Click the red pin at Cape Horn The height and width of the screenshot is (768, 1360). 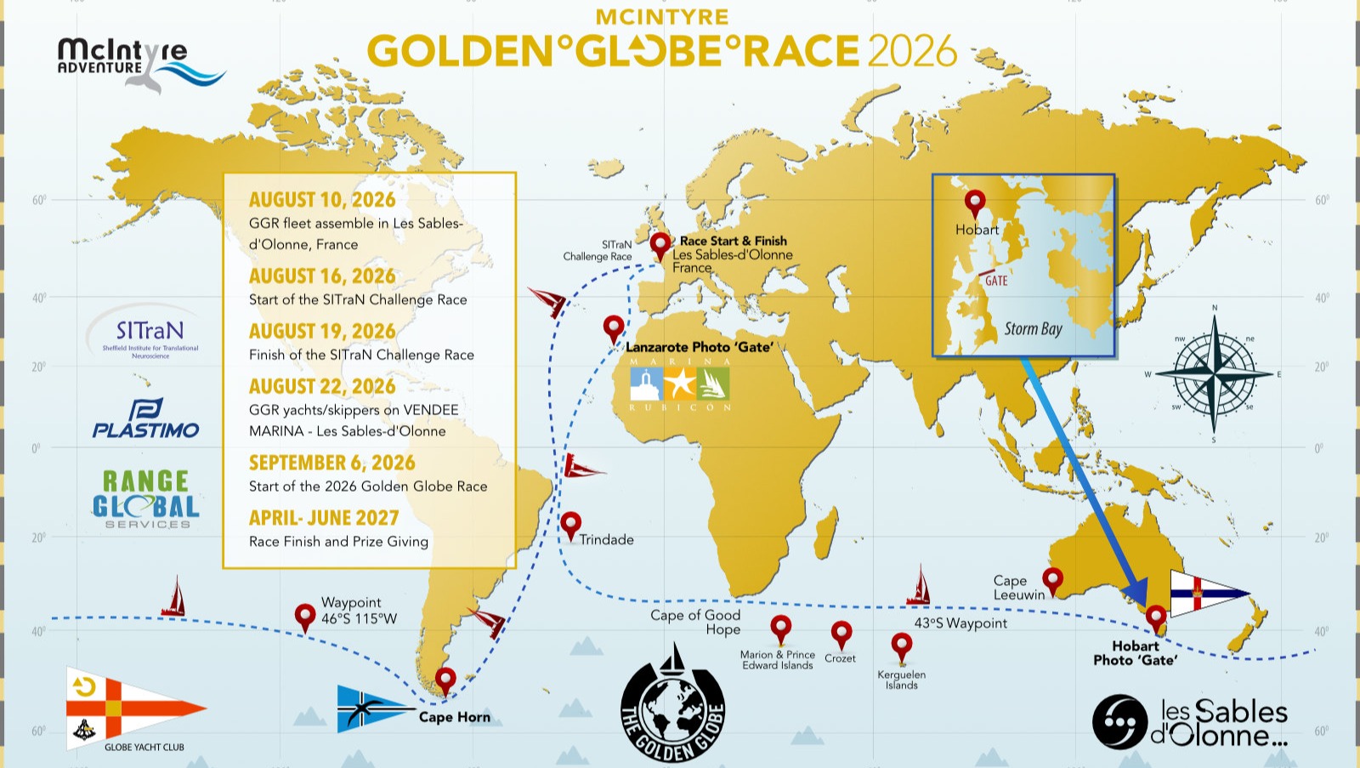[x=445, y=680]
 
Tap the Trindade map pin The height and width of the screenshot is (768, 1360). [x=570, y=524]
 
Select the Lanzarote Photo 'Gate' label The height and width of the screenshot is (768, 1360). [x=700, y=347]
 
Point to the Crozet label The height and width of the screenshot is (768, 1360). [x=840, y=658]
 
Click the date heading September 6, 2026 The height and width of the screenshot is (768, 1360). [x=331, y=463]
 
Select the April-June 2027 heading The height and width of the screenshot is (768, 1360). [x=323, y=518]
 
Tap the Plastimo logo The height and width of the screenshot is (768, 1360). [x=145, y=419]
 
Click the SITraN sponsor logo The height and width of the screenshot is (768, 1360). [x=150, y=334]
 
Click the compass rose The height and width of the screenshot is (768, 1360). [x=1214, y=373]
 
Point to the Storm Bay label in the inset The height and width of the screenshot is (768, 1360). [x=1033, y=329]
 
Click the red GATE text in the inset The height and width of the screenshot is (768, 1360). [x=996, y=281]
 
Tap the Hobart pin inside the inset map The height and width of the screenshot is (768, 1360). [x=975, y=202]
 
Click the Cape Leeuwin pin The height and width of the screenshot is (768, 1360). [x=1052, y=580]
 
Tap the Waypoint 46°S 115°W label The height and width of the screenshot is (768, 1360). [x=358, y=611]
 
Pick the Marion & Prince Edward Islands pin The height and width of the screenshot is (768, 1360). [x=780, y=629]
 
